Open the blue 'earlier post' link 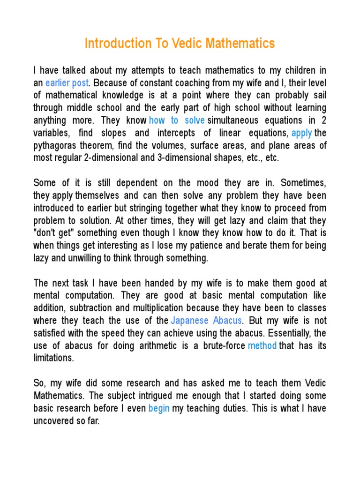[67, 83]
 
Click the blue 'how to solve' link [177, 120]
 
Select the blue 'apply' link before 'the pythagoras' [301, 133]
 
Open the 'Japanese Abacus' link [207, 321]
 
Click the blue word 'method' [262, 345]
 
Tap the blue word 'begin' [158, 408]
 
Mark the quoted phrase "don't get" [52, 233]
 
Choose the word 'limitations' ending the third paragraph [53, 358]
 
